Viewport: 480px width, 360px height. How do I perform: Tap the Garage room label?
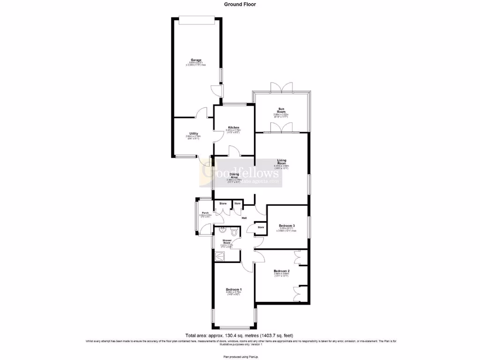point(196,60)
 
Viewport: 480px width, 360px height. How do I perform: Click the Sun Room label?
point(281,111)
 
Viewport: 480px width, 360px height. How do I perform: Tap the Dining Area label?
point(233,175)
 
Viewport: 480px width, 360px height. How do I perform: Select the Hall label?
point(244,218)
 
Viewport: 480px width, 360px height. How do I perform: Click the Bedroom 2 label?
point(282,271)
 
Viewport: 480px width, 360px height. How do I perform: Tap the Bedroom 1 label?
point(233,289)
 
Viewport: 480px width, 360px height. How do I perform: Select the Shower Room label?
point(226,242)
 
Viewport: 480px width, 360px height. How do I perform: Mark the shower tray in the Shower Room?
point(218,255)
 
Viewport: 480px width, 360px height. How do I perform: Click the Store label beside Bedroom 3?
point(260,227)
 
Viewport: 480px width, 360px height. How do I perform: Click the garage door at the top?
point(197,19)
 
